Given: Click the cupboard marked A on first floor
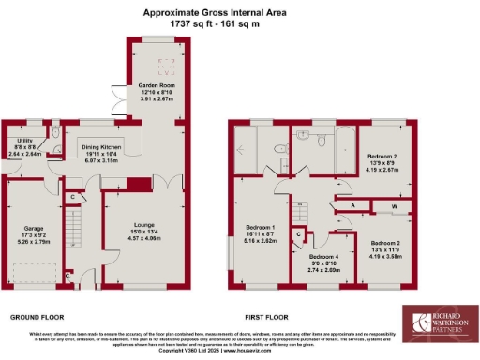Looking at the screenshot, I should coord(352,205).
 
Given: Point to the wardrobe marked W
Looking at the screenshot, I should coord(394,205).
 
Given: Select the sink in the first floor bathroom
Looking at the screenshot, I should coord(304,135).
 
